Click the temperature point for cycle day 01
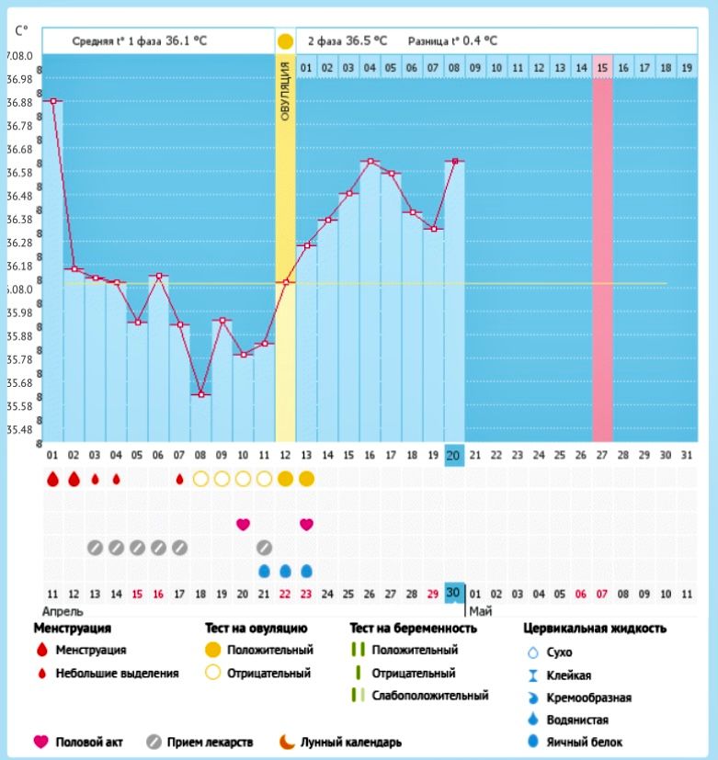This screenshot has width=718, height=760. point(52,101)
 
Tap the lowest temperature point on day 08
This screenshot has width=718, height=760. point(200,395)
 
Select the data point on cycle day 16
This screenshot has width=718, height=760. point(370,162)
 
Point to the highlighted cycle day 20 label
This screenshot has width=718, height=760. point(453,454)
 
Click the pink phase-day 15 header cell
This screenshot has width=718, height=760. point(602,67)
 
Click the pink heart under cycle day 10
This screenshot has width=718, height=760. point(243,524)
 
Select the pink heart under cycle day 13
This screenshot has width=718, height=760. point(306,524)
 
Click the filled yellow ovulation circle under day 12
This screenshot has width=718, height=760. point(285,479)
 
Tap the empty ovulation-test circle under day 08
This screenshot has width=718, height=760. point(200,479)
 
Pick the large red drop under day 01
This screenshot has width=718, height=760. point(52,479)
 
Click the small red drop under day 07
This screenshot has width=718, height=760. point(179,479)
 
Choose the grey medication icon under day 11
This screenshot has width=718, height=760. point(264,548)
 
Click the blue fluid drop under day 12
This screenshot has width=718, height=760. point(285,571)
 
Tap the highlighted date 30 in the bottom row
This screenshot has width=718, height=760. point(453,593)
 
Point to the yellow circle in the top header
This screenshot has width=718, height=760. point(285,41)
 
